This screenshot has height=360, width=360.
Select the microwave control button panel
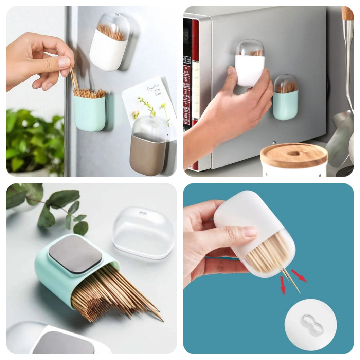[187, 92]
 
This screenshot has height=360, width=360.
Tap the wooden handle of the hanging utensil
[347, 14]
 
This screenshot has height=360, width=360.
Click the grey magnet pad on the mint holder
[75, 254]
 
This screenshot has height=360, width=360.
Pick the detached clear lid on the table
[143, 231]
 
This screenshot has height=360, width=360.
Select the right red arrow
[299, 275]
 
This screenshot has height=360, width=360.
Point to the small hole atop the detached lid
[143, 214]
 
